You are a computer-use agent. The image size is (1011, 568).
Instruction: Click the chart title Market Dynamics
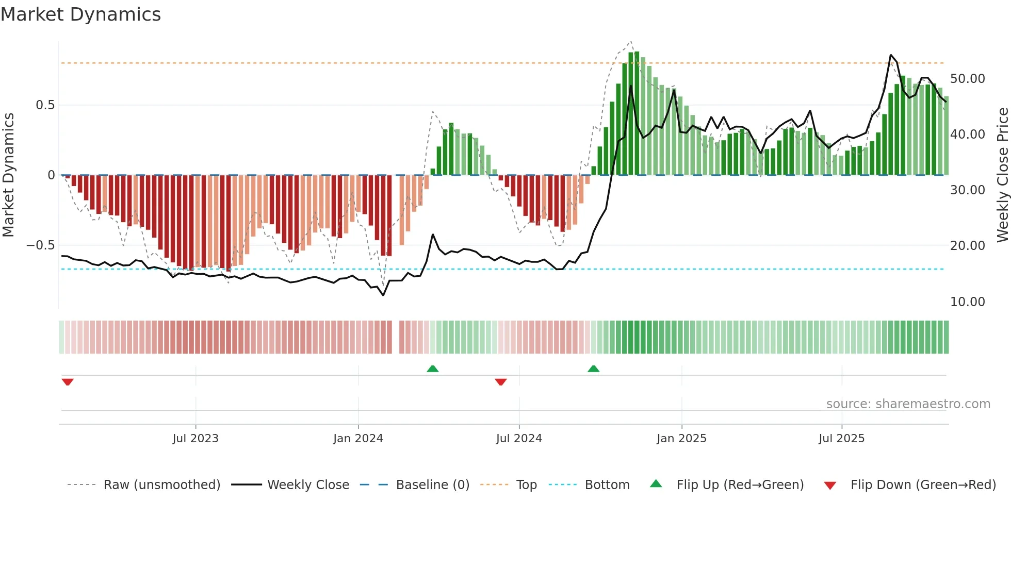[80, 14]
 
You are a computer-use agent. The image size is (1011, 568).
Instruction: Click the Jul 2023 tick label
[195, 439]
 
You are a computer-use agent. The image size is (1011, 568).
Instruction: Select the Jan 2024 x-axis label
[358, 439]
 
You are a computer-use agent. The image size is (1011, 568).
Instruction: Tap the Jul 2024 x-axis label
[519, 439]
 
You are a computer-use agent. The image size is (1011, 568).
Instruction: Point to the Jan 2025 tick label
[681, 439]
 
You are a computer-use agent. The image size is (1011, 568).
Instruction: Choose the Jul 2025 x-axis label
[841, 439]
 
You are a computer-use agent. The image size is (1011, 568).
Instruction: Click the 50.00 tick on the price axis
[967, 79]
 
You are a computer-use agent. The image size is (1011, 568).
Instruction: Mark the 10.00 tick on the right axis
[967, 302]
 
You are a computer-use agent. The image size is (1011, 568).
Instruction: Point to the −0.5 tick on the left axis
[40, 245]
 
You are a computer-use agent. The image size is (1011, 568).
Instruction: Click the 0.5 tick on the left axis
[45, 105]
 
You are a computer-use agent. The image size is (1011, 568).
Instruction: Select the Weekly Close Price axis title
[1002, 175]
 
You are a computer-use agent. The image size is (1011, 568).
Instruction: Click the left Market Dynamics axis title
[8, 175]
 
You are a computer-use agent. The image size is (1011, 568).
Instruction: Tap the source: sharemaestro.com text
[908, 404]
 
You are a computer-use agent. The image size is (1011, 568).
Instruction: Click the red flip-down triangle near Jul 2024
[500, 382]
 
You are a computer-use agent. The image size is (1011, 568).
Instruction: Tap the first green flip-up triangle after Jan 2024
[433, 369]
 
